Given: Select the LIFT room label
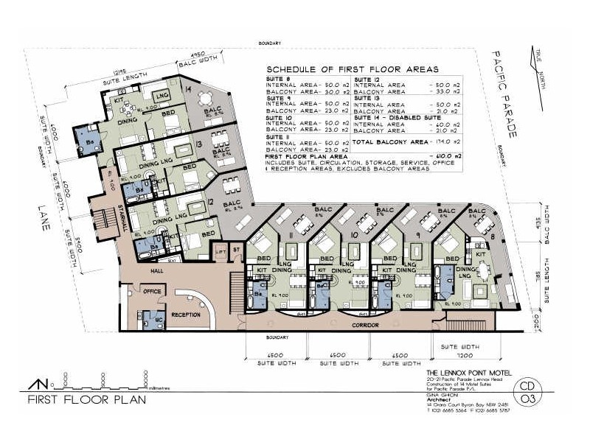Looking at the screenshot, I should pyautogui.click(x=221, y=252).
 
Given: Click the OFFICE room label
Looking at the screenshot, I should pyautogui.click(x=152, y=292).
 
